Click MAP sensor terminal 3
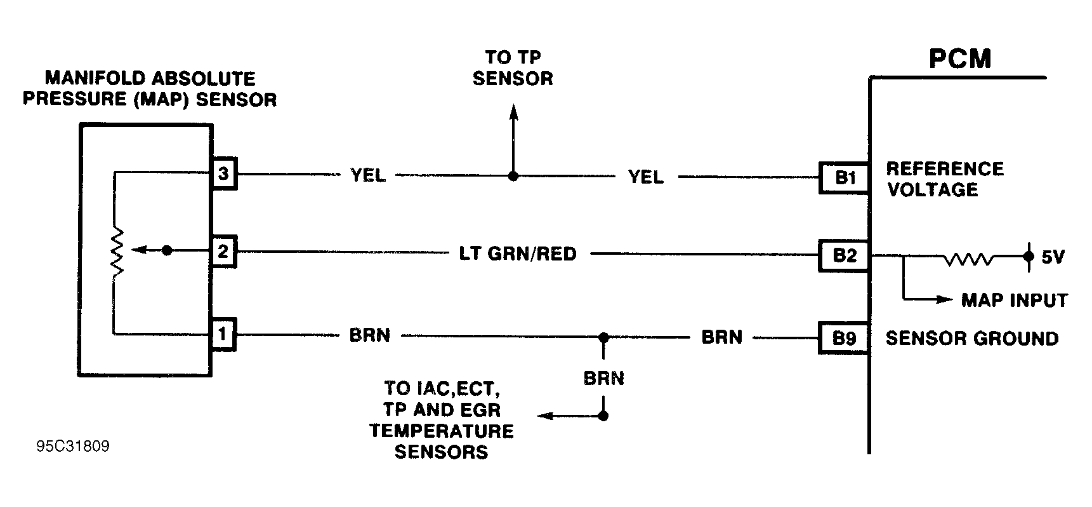pos(223,173)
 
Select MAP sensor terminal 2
pos(223,252)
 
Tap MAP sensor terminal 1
pos(223,334)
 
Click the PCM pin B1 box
pos(845,178)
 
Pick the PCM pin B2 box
pos(845,255)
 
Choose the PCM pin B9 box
pos(845,339)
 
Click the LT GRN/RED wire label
pos(518,254)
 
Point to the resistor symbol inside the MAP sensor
pos(116,252)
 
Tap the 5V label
pos(1053,257)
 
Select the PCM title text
pos(960,58)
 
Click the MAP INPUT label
pos(1015,300)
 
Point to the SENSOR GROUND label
pos(972,339)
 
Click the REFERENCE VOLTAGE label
pos(945,179)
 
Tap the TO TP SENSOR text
pos(513,68)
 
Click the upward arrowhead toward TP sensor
pos(513,112)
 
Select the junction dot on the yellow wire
pos(513,175)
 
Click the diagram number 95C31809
pos(73,447)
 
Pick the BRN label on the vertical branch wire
pos(604,379)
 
